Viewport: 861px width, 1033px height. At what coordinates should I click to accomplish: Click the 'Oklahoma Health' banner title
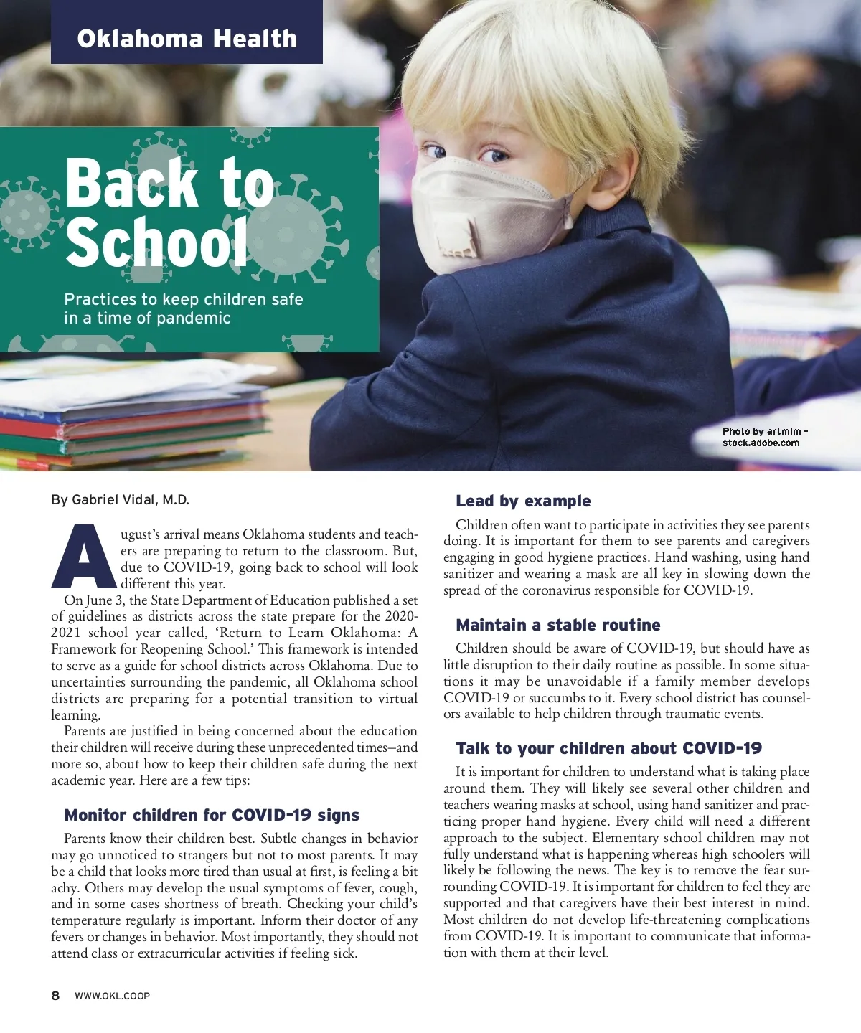pos(187,39)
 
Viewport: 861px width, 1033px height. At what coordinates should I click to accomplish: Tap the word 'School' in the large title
pos(156,242)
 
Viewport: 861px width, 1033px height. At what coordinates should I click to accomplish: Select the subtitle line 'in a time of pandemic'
pos(147,318)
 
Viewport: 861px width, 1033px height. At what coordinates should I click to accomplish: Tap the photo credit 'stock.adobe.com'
pos(761,443)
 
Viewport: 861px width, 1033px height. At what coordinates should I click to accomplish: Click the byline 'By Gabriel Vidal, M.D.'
pos(120,500)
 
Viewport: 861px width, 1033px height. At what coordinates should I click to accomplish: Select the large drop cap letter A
pos(83,557)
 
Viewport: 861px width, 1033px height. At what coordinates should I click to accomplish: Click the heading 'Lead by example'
pos(523,501)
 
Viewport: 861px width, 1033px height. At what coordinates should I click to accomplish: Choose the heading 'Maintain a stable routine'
pos(557,625)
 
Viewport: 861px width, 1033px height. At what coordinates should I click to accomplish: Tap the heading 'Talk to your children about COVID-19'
pos(608,748)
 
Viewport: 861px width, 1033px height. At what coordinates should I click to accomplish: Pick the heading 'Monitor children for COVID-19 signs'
pos(212,815)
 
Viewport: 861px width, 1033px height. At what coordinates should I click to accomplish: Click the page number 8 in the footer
pos(55,996)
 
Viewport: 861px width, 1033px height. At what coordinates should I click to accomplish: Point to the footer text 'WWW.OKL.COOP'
pos(112,996)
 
